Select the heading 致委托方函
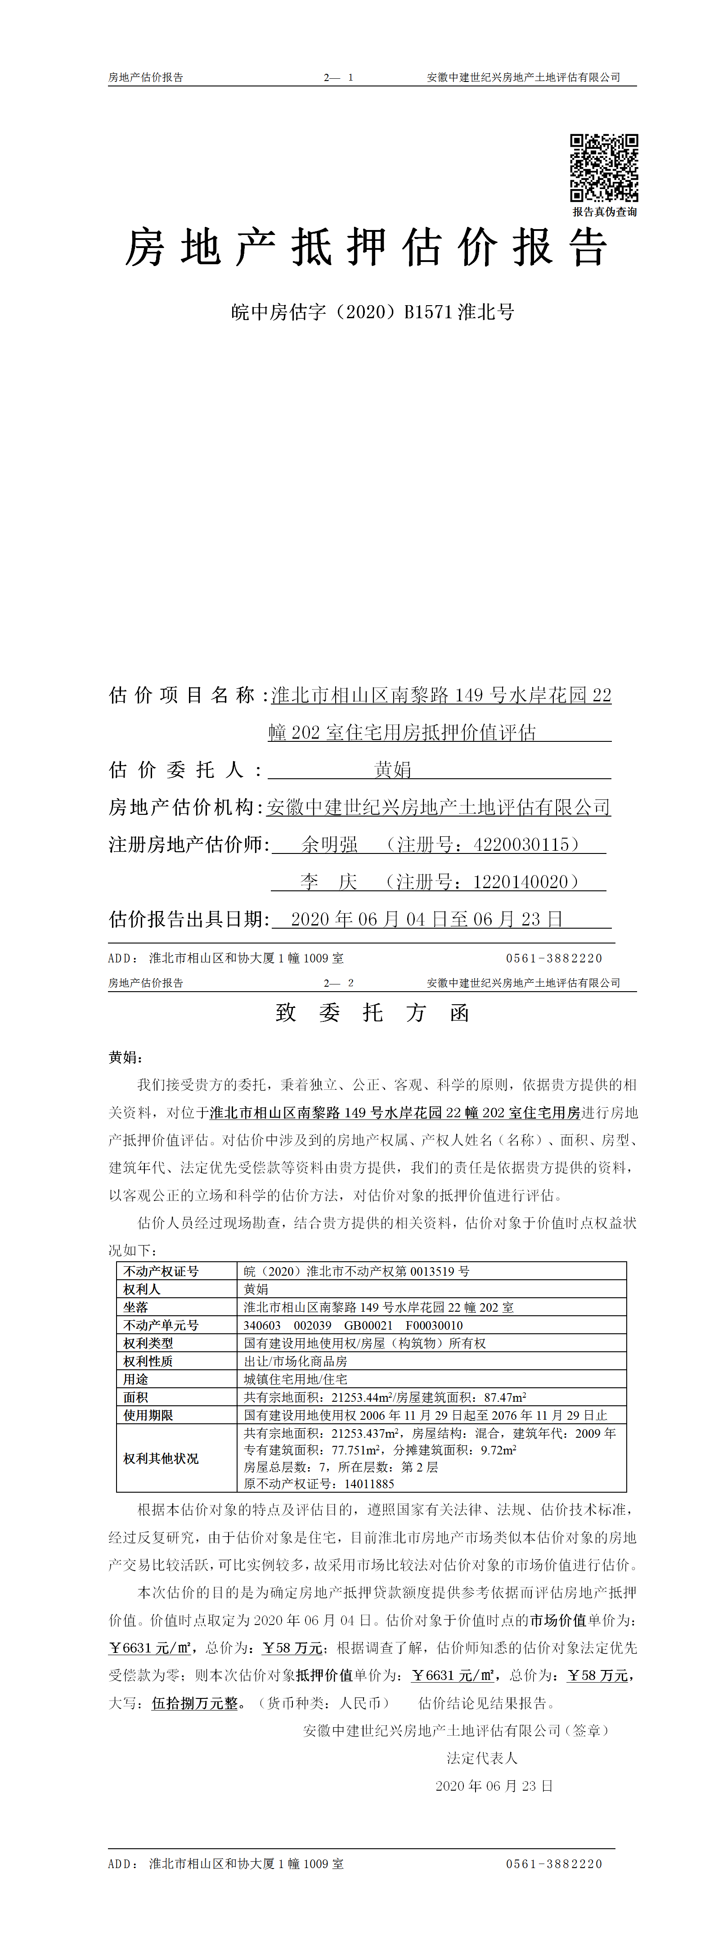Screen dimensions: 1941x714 tap(372, 1013)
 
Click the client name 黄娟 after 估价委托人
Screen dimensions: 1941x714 tap(392, 769)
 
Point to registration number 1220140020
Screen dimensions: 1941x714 tap(525, 881)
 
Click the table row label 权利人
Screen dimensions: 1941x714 tap(142, 1289)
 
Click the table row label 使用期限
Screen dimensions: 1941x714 tap(148, 1416)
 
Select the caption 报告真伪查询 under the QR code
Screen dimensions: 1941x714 tap(604, 212)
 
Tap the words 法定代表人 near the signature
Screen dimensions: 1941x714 tap(482, 1758)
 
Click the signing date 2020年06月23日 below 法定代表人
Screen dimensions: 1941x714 tap(494, 1786)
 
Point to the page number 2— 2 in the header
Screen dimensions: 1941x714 tap(338, 983)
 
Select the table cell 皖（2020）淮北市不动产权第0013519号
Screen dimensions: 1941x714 tap(356, 1271)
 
